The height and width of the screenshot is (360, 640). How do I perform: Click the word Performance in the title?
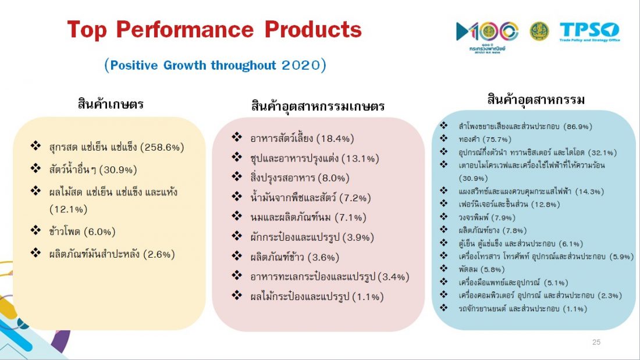184,30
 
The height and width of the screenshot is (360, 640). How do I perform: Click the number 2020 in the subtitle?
301,65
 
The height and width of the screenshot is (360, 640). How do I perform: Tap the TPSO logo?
589,31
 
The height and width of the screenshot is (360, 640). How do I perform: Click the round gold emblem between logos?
539,31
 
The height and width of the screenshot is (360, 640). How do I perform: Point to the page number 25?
596,342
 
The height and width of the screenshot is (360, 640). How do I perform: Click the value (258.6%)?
162,147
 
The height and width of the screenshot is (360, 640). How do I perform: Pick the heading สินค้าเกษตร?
111,104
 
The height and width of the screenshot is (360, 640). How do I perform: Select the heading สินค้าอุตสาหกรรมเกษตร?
318,106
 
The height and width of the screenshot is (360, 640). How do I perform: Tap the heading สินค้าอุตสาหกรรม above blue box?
536,99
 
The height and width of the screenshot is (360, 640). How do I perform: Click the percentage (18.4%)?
335,138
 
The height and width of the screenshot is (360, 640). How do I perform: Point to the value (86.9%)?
578,127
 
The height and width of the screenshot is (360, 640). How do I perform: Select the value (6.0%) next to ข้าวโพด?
99,232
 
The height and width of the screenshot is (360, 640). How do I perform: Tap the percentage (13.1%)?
360,158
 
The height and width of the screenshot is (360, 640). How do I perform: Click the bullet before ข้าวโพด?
35,230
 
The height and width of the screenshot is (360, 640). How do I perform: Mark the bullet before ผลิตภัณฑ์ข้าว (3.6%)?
237,255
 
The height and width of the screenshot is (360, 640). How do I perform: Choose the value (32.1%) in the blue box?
602,152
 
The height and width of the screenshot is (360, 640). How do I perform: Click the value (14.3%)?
589,191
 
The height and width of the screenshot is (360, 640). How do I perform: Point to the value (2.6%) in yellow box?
159,254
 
